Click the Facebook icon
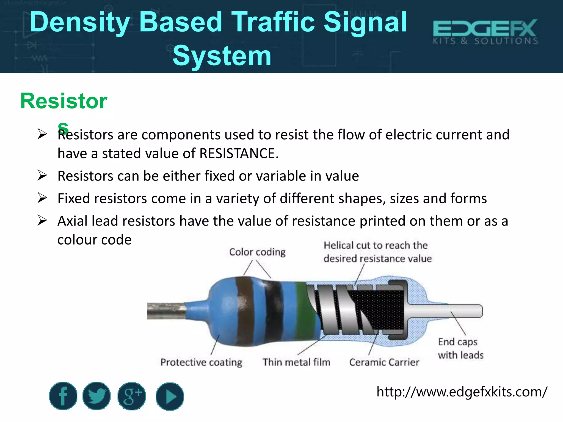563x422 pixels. pyautogui.click(x=63, y=396)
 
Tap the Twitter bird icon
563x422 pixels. pyautogui.click(x=96, y=396)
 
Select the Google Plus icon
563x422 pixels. pyautogui.click(x=132, y=396)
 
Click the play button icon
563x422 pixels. pyautogui.click(x=170, y=396)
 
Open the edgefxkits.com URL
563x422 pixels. pyautogui.click(x=462, y=392)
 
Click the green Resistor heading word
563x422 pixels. pyautogui.click(x=64, y=101)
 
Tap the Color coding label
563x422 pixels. pyautogui.click(x=257, y=252)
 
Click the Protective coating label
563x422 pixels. pyautogui.click(x=201, y=362)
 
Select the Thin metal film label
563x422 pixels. pyautogui.click(x=296, y=362)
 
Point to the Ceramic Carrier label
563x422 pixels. pyautogui.click(x=384, y=362)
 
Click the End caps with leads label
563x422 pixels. pyautogui.click(x=460, y=348)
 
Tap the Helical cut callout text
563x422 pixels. pyautogui.click(x=377, y=252)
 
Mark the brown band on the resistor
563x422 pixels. pyautogui.click(x=244, y=310)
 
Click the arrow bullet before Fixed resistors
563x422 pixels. pyautogui.click(x=42, y=198)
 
